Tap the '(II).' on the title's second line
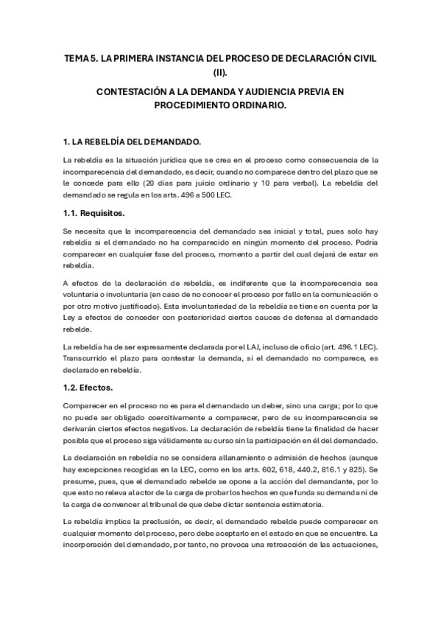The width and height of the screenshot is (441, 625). [x=220, y=72]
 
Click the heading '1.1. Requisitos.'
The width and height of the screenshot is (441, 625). [x=94, y=213]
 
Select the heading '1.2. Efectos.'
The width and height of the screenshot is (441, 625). [x=88, y=386]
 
